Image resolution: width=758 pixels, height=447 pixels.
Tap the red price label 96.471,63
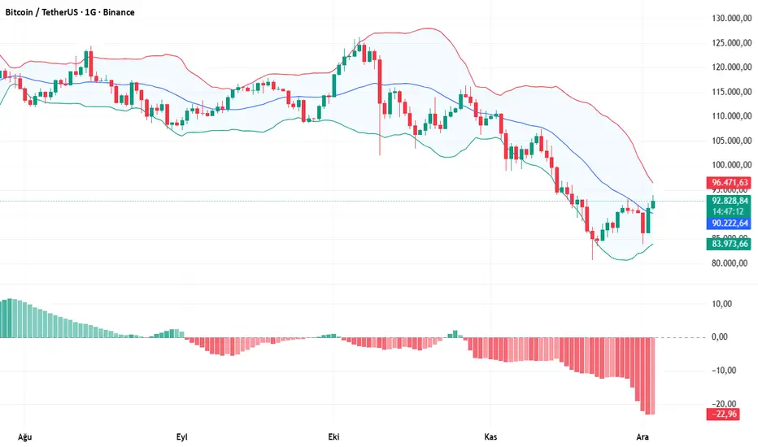(x=729, y=183)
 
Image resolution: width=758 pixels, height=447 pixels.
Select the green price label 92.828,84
(x=729, y=200)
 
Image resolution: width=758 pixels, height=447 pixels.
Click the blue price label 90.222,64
(x=729, y=222)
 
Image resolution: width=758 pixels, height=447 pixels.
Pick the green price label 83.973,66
(x=729, y=243)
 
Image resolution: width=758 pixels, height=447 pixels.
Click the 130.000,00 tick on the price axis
(x=729, y=18)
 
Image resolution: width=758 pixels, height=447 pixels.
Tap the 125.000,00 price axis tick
(x=729, y=43)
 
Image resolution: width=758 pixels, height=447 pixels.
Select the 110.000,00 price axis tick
(x=729, y=116)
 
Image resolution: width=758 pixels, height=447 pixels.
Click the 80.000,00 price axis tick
(x=729, y=263)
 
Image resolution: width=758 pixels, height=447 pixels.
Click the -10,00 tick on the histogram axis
(x=721, y=371)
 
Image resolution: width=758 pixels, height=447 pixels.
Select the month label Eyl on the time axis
(x=183, y=436)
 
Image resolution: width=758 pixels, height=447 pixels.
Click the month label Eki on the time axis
(x=333, y=436)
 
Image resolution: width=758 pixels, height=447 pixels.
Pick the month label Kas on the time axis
(x=490, y=436)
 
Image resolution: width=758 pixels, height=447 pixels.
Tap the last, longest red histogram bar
(x=651, y=376)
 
